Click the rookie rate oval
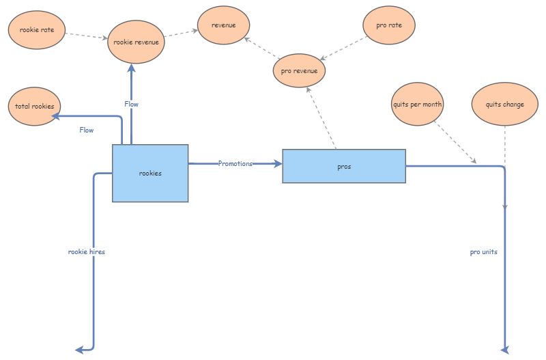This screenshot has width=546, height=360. (37, 30)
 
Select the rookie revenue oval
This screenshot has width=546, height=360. (136, 42)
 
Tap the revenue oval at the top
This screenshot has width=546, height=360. (224, 25)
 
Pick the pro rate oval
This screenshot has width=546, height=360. (389, 25)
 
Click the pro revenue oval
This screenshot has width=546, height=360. (299, 70)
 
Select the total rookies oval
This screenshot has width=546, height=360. (34, 107)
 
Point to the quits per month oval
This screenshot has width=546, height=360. (418, 105)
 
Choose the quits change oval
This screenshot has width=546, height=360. (504, 105)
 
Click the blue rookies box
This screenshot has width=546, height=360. (150, 174)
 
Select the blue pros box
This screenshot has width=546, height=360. (344, 167)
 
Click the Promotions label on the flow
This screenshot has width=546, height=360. (235, 164)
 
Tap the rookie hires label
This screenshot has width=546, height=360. (87, 252)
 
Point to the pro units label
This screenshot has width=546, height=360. (483, 252)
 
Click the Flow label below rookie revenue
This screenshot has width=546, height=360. (131, 105)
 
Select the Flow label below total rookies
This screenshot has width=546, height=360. (87, 130)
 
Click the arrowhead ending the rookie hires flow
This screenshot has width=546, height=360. (79, 350)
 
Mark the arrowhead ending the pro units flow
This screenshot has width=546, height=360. (505, 350)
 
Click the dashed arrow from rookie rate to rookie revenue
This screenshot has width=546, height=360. (87, 35)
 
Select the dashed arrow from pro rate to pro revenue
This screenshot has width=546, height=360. (345, 48)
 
